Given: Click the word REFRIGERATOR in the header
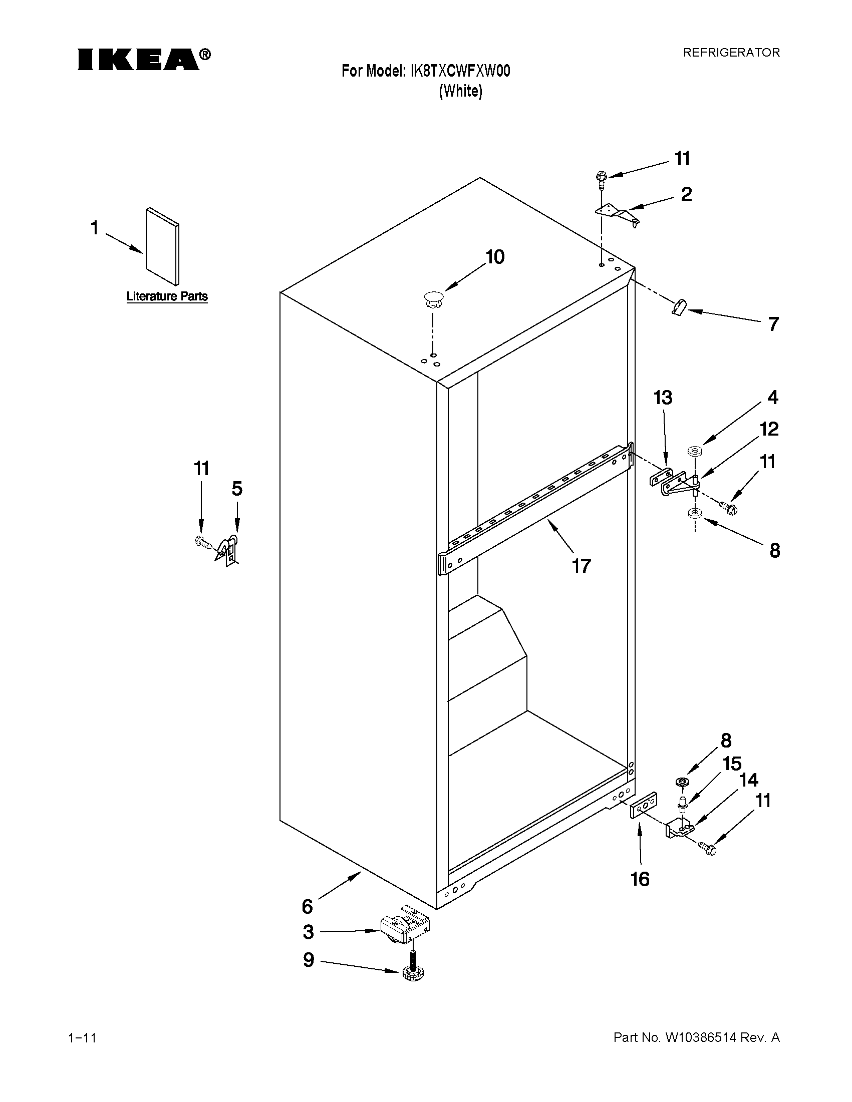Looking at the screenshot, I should click(x=731, y=53).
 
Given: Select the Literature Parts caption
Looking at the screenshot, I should click(x=167, y=296).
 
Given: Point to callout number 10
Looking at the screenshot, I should click(x=495, y=257).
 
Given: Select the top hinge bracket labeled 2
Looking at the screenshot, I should click(x=617, y=214).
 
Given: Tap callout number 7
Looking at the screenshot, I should click(x=773, y=324).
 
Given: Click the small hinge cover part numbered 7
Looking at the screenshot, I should click(x=679, y=306).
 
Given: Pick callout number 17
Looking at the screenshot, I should click(x=581, y=566).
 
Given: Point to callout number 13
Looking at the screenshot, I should click(x=663, y=398).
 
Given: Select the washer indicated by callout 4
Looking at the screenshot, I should click(x=694, y=450).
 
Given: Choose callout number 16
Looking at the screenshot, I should click(x=640, y=880).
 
